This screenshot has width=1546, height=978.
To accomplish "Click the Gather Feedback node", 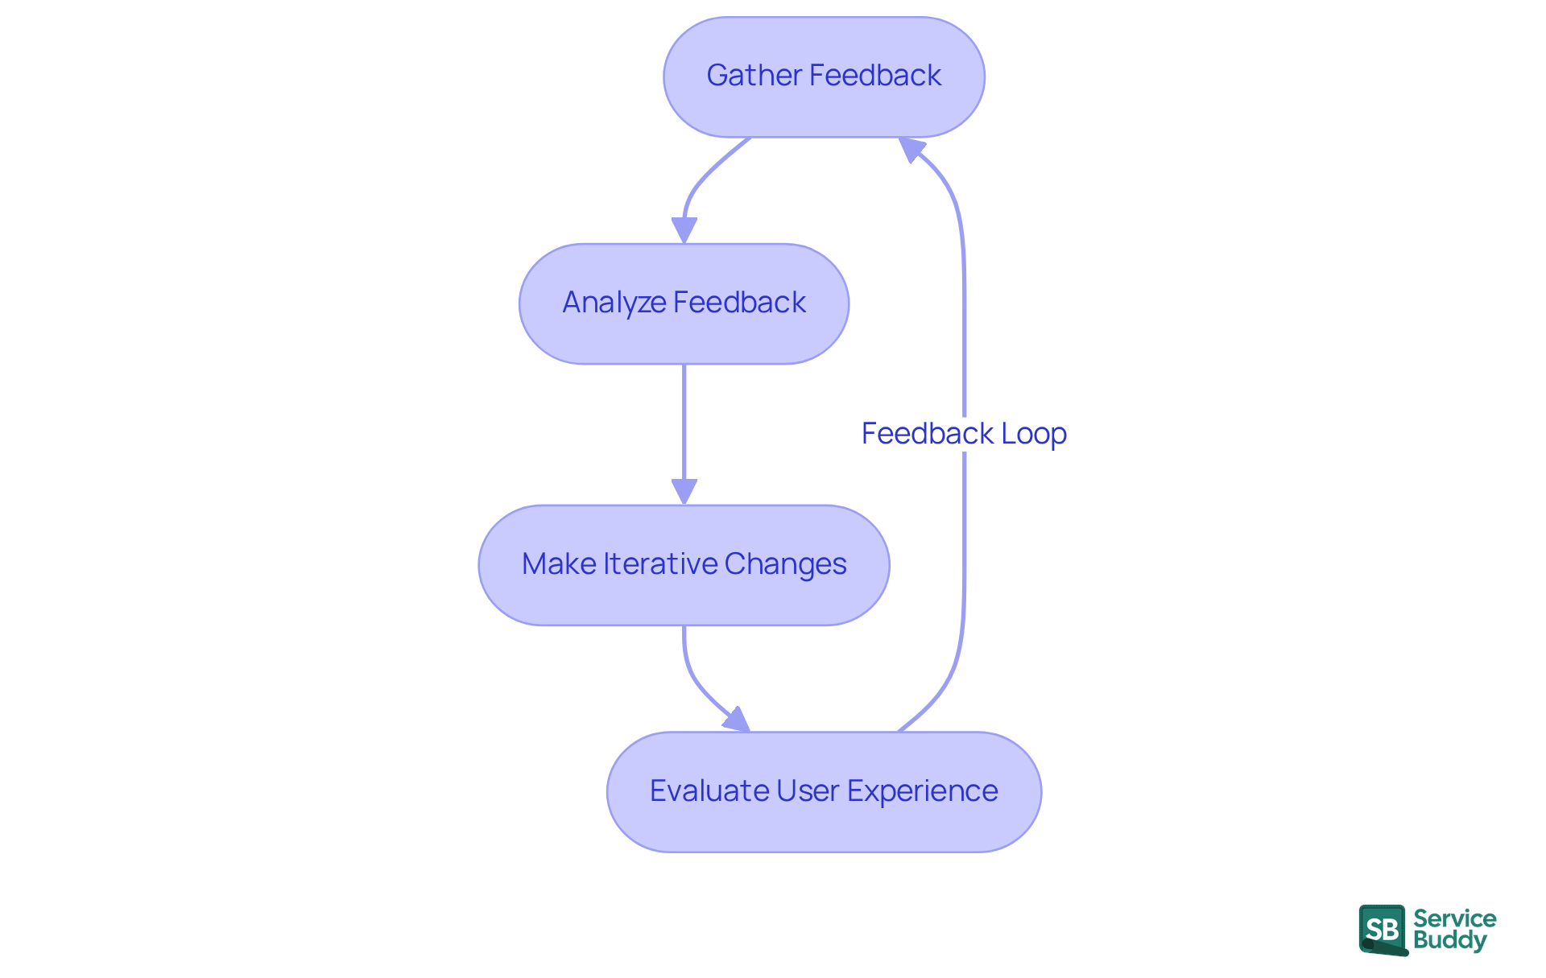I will tap(824, 76).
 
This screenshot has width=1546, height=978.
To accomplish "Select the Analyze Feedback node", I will tap(684, 303).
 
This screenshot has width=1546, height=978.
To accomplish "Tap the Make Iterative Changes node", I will tap(684, 565).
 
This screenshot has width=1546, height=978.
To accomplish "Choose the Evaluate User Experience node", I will tap(824, 792).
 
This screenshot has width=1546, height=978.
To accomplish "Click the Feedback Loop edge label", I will tap(964, 434).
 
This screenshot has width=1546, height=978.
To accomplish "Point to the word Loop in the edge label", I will tap(1034, 434).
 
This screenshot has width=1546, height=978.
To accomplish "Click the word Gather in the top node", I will tap(754, 76).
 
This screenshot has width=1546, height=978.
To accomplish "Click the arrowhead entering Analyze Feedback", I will tap(684, 230).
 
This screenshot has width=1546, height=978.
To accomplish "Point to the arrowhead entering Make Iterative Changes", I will tap(684, 491).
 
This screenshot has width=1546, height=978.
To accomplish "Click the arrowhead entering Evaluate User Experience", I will tap(737, 720).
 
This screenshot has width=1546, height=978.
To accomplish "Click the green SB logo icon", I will tap(1383, 930).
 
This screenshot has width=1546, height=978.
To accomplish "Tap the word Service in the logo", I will tap(1454, 918).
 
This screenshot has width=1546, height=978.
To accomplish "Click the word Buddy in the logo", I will tap(1449, 940).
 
